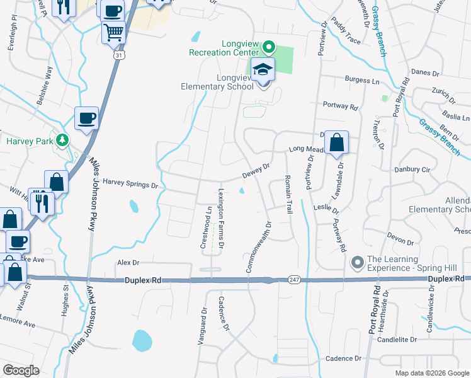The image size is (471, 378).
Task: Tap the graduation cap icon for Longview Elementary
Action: click(x=263, y=71)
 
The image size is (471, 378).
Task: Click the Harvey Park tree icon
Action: click(x=62, y=140)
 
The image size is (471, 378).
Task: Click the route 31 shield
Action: click(x=118, y=55)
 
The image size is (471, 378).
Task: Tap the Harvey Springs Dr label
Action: click(x=129, y=185)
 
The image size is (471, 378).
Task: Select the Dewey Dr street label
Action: click(x=257, y=170)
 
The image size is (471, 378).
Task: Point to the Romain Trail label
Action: click(x=288, y=194)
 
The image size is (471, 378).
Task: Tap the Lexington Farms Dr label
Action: click(x=221, y=214)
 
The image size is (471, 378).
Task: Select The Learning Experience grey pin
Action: click(x=357, y=261)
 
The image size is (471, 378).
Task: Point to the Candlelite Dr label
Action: click(x=397, y=339)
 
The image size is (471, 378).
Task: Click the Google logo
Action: click(x=21, y=370)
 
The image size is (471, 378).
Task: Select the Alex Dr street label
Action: click(x=127, y=262)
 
